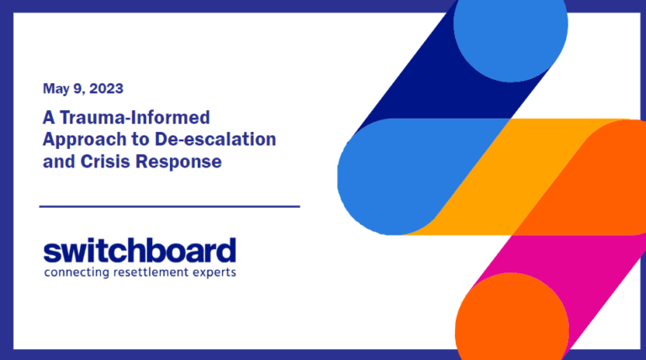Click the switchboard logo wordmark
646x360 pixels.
[x=140, y=251]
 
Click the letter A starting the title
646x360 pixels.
[x=48, y=117]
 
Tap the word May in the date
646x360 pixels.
[x=55, y=87]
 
